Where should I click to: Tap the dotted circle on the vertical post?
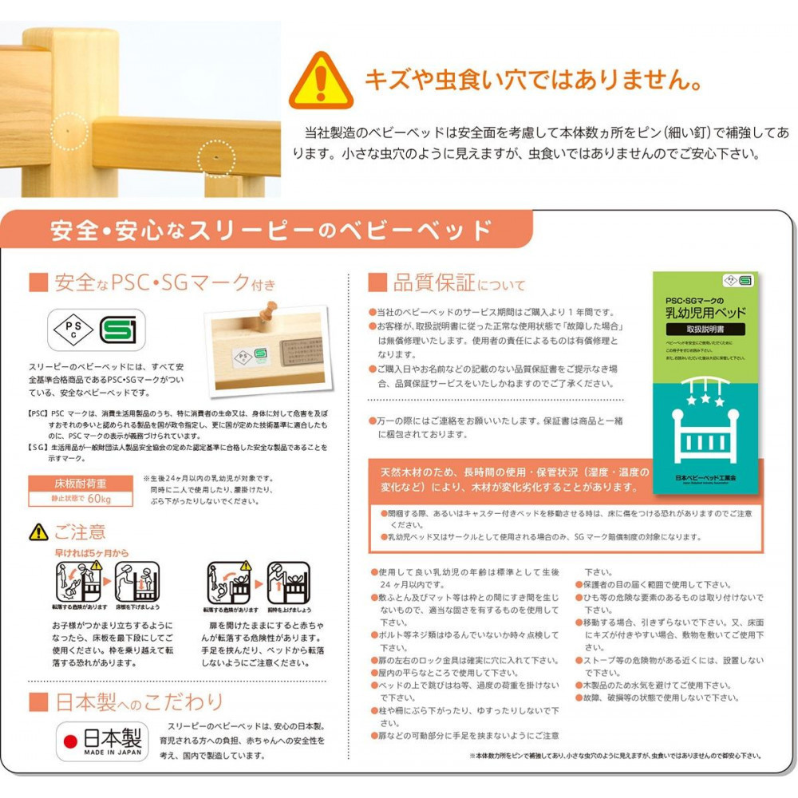point(67,129)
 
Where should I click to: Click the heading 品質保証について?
point(447,283)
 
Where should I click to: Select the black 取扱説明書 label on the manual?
point(705,329)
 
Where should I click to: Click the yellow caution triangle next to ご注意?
point(38,531)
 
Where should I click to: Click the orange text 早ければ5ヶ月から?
point(92,552)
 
